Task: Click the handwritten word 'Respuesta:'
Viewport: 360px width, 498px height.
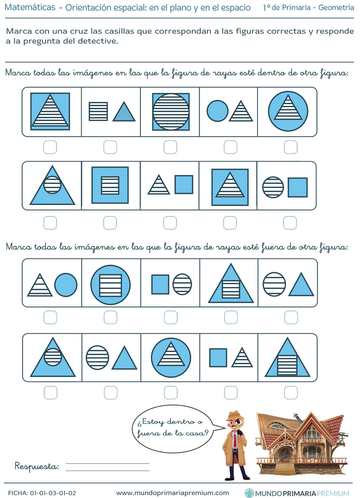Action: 37,466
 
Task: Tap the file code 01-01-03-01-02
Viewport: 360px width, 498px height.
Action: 53,493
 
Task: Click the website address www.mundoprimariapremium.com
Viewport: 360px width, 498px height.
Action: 173,493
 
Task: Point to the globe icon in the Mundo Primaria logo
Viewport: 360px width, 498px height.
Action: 249,493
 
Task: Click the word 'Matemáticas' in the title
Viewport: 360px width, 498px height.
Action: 30,8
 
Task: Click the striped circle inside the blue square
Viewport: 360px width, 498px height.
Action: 171,112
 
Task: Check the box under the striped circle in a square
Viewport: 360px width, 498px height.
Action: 170,148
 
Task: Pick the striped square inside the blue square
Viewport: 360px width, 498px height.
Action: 110,185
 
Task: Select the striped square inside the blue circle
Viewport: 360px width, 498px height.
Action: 111,285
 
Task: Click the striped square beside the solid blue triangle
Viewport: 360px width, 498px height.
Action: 99,111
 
